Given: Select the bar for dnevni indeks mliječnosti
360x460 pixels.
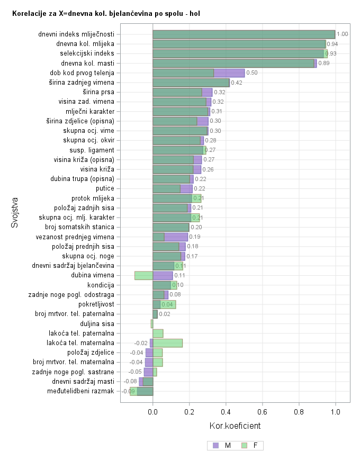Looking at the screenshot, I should tap(244, 34).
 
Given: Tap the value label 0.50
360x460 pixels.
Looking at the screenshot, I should tap(251, 73).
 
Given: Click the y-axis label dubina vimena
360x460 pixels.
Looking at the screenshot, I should tap(93, 275).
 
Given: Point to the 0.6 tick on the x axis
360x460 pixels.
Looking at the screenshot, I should tap(263, 411).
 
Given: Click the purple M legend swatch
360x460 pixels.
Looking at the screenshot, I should tap(215, 446).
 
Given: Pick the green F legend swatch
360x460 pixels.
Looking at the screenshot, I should tap(244, 446).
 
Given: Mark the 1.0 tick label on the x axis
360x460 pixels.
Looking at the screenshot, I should tap(335, 411).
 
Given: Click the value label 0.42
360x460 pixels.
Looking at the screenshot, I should tap(236, 83).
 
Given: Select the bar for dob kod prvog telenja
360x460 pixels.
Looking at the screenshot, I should tap(199, 73).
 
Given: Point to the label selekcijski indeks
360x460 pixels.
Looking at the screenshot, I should tap(87, 53).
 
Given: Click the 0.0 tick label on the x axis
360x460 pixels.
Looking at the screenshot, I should tap(153, 411).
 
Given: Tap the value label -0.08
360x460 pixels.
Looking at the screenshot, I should tap(130, 382).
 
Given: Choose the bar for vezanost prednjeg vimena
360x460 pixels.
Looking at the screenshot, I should tap(170, 237).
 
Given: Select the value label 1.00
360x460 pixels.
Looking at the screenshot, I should tap(342, 34).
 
